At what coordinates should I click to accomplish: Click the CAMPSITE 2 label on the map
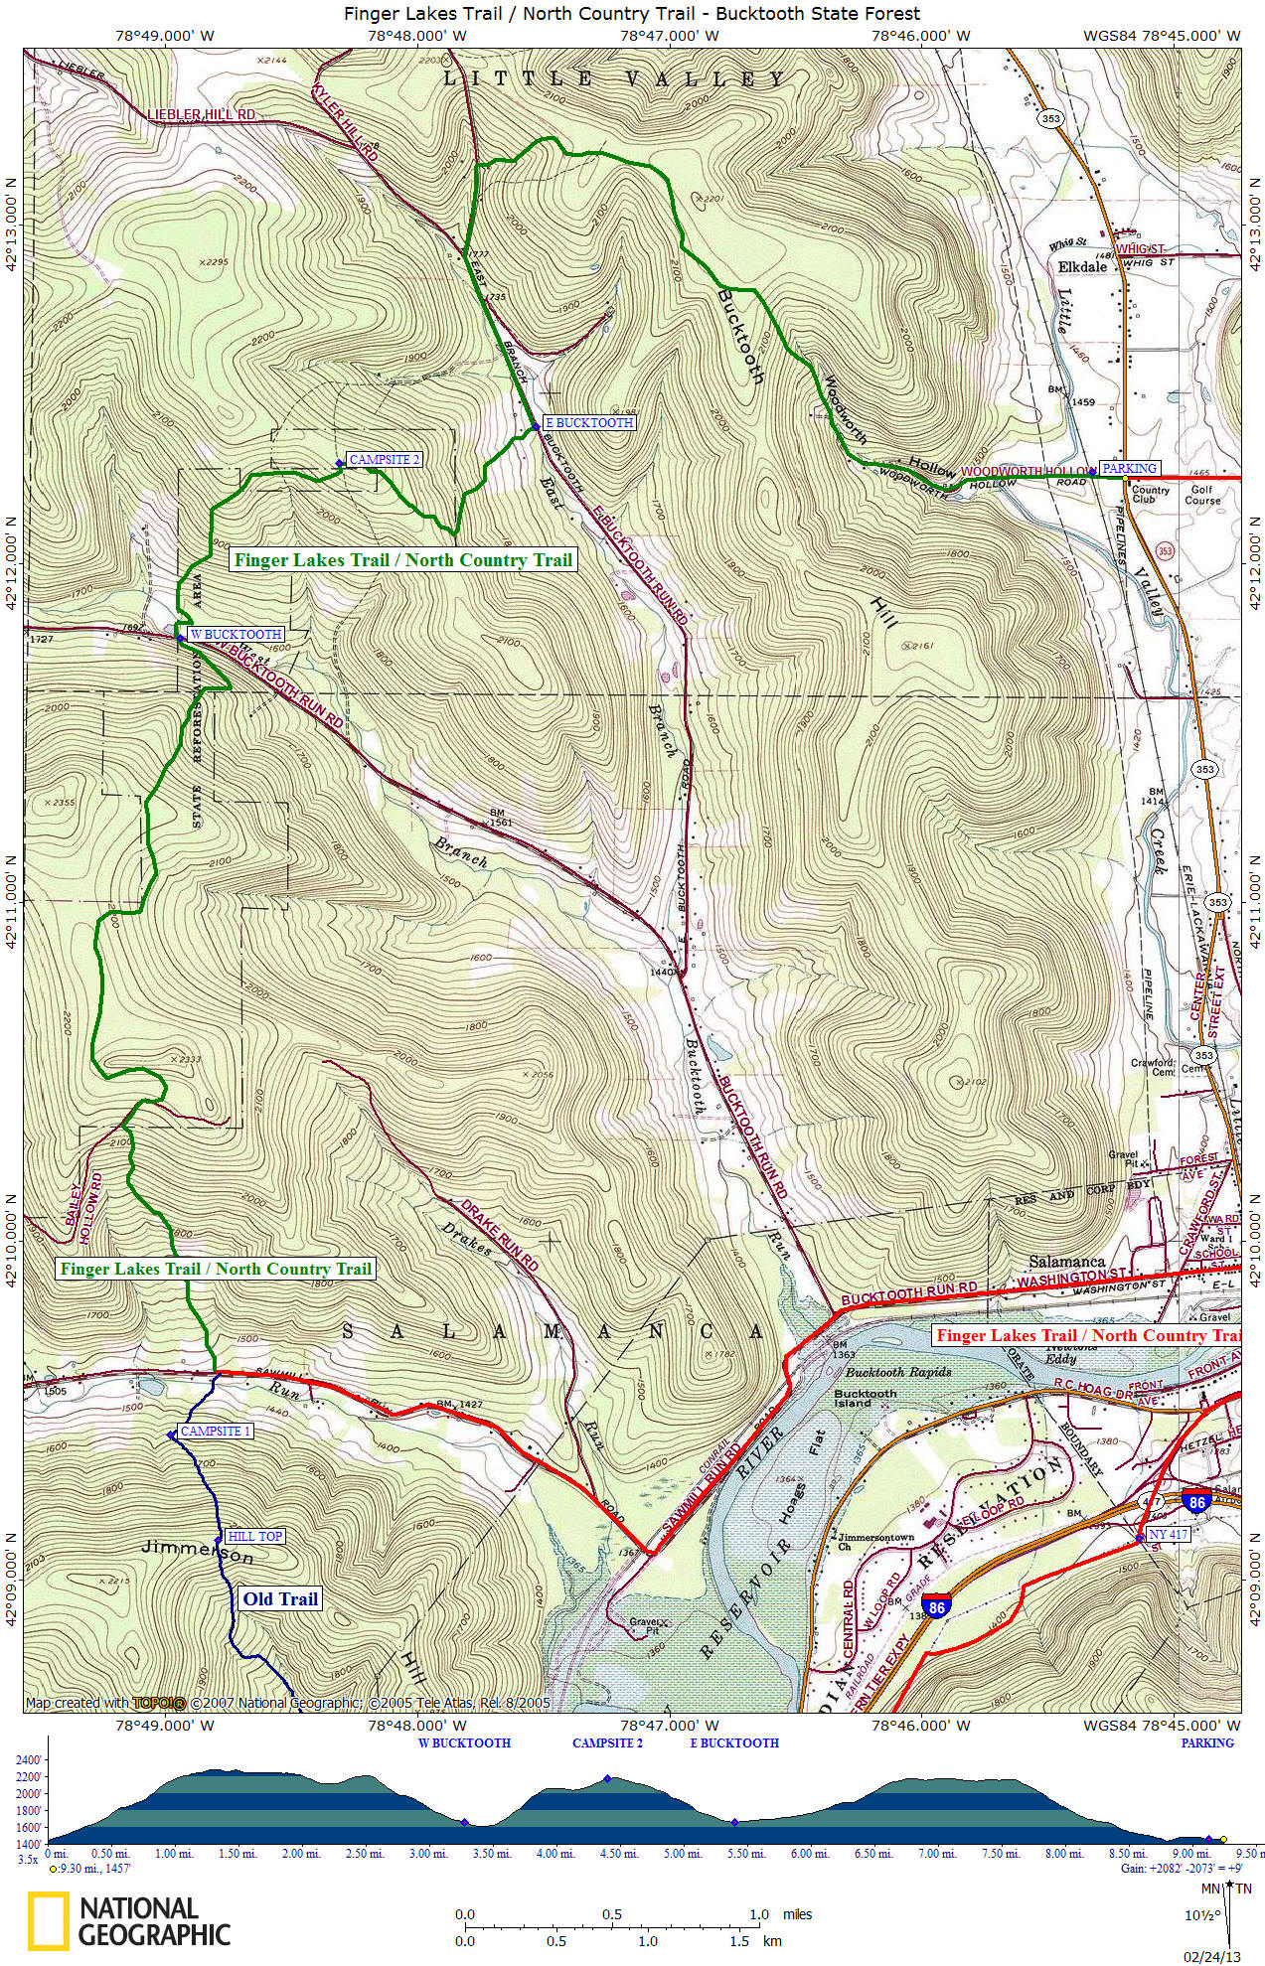coord(384,460)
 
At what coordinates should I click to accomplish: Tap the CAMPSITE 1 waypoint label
coord(216,1432)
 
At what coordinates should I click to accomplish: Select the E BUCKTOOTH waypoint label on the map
coord(588,423)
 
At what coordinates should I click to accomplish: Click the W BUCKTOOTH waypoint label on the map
coord(236,634)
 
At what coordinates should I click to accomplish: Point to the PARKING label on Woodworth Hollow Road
coord(1129,469)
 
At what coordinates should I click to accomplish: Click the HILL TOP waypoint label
coord(256,1536)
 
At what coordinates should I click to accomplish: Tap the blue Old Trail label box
coord(279,1598)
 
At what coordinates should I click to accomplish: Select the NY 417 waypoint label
coord(1168,1535)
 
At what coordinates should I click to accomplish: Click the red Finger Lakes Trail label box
coord(1087,1336)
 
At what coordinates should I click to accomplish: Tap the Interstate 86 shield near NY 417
coord(1197,1502)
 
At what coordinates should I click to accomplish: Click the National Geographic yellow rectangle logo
coord(48,1919)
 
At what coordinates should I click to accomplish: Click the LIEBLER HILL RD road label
coord(201,115)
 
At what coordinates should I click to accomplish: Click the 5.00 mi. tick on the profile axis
coord(681,1853)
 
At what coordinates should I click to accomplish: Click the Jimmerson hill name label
coord(197,1553)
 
